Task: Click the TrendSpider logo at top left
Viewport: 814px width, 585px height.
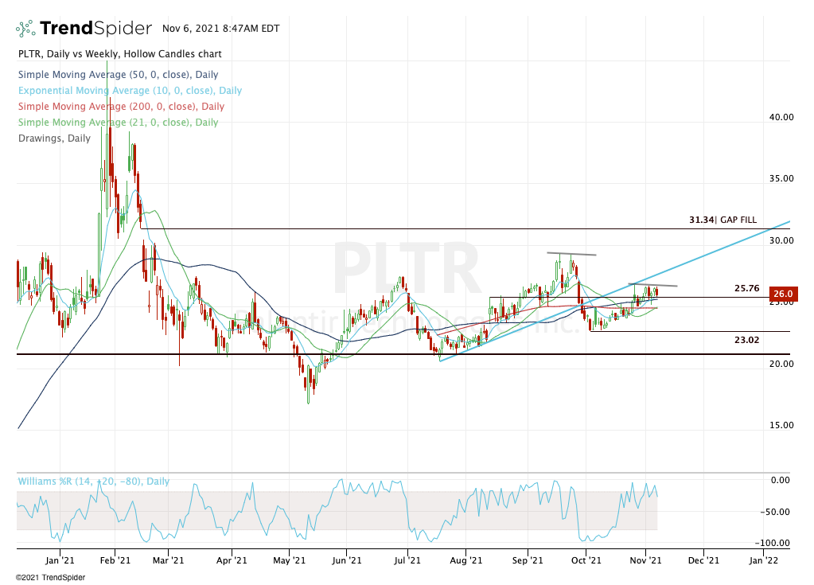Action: point(84,29)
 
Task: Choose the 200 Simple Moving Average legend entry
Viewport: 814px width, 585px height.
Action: point(121,107)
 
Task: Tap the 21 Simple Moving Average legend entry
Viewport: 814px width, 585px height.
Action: point(118,123)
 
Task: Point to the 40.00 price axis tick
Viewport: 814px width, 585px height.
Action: point(781,117)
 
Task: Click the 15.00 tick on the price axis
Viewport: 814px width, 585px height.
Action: point(781,425)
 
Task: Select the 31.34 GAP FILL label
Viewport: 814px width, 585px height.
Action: point(722,220)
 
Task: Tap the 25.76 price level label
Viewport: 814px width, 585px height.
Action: point(748,287)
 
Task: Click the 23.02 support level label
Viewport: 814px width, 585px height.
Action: point(748,340)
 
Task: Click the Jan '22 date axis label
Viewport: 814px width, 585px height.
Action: point(764,560)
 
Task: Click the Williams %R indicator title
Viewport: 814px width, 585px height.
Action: point(93,482)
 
